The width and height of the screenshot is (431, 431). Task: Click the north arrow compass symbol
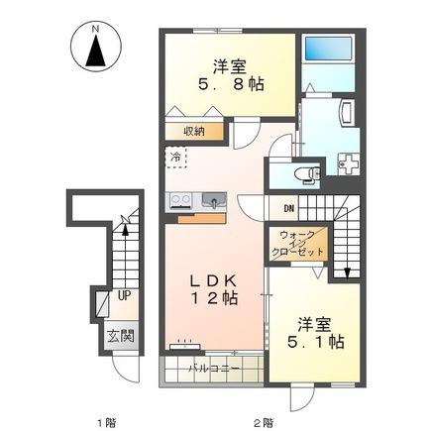coord(96,47)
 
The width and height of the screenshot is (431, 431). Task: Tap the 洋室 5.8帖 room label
coord(230,76)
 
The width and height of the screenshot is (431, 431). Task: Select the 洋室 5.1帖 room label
coord(315,333)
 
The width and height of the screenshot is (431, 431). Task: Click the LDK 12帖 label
coord(214,289)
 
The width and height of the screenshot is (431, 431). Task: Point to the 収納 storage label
coord(194,132)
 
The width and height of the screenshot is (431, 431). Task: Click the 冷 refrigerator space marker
coord(175,158)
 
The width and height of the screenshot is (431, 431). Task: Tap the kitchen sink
coord(214,200)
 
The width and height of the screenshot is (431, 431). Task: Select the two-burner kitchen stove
coord(180,200)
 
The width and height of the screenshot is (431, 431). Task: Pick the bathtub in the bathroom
coord(328,49)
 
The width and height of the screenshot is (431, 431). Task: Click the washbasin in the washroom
coord(348,113)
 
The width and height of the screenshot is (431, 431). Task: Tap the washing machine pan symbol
coord(349,164)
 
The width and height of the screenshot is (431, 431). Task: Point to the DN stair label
coord(289,208)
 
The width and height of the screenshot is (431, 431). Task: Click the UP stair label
coord(125,295)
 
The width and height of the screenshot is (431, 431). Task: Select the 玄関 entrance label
coord(121,337)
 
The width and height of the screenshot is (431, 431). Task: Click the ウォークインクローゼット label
coord(296,244)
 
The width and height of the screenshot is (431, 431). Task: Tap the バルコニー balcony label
coord(215,369)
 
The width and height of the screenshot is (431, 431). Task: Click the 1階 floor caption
coord(107,422)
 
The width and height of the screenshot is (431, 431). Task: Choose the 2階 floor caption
coord(264,422)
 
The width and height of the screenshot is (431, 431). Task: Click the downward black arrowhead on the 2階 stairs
coord(347,272)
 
